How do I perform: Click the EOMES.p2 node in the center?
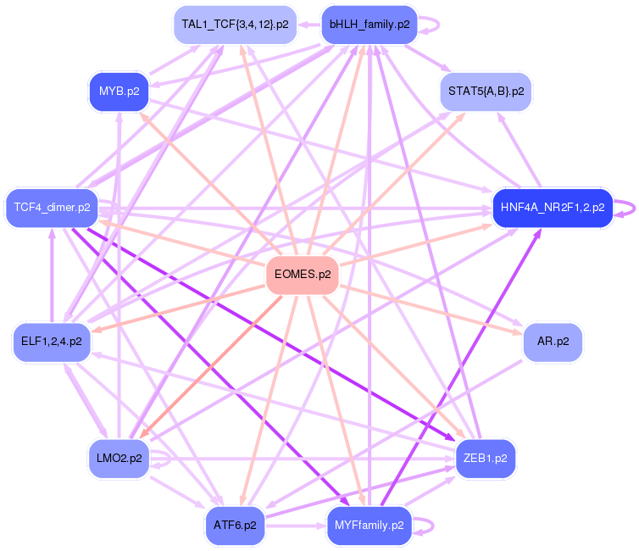click(x=303, y=275)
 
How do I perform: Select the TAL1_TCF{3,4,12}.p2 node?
click(x=235, y=25)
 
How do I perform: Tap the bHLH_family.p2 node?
click(x=370, y=25)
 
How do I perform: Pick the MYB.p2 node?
click(x=119, y=92)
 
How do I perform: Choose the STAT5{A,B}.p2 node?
click(x=486, y=92)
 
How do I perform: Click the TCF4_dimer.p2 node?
click(x=53, y=208)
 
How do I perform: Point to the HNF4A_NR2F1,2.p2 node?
click(x=553, y=208)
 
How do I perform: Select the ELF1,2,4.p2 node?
click(x=52, y=342)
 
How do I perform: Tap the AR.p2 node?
click(x=553, y=342)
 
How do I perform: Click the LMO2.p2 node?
click(x=119, y=459)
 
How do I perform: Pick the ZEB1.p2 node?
click(x=486, y=459)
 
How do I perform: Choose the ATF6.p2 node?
click(x=235, y=526)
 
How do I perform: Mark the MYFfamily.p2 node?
click(x=370, y=526)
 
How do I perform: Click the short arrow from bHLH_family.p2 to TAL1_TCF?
click(x=308, y=25)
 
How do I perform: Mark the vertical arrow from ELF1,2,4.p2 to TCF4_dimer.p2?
click(x=52, y=275)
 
